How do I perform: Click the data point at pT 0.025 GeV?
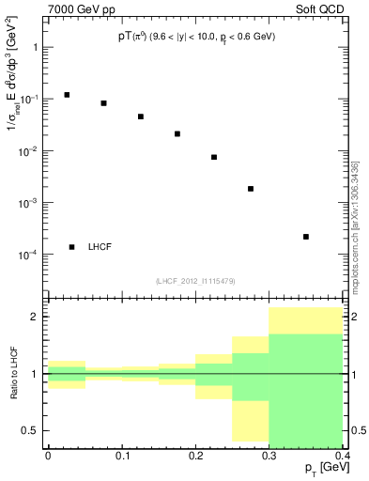[67, 95]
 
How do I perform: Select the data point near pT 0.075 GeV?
[103, 103]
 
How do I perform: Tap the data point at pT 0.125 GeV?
[140, 116]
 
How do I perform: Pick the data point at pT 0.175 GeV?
[177, 133]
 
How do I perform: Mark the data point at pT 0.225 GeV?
[214, 157]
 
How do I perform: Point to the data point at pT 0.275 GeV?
[251, 189]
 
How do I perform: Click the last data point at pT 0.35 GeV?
[306, 237]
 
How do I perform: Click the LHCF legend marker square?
[71, 247]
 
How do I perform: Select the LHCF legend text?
[100, 247]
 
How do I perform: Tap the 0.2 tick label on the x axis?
[195, 456]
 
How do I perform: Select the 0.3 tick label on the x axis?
[269, 456]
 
